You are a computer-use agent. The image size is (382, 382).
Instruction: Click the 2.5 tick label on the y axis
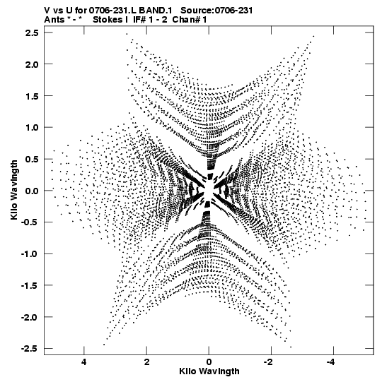pos(32,32)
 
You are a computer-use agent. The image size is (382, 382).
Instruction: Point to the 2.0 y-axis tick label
pos(32,64)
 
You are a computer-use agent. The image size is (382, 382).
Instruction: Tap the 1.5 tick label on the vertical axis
pos(32,96)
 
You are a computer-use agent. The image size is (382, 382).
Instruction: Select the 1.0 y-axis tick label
pos(32,127)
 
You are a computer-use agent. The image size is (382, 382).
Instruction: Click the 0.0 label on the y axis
pos(32,191)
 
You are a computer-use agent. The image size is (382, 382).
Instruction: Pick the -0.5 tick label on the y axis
pos(30,222)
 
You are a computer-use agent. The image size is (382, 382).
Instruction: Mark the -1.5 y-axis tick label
pos(30,285)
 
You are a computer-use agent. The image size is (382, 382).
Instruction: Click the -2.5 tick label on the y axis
pos(30,349)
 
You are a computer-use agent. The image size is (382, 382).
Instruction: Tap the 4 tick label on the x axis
pos(84,362)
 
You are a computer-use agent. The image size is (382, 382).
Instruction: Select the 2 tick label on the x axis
pos(146,362)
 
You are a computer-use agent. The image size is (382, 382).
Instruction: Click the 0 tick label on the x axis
pos(209,362)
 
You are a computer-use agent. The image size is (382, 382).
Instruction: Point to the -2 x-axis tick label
pos(268,362)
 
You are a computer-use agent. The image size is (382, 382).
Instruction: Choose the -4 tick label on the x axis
pos(330,362)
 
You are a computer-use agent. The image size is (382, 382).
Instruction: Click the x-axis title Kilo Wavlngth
pos(209,371)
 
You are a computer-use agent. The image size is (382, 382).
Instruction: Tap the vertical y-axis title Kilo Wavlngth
pos(14,190)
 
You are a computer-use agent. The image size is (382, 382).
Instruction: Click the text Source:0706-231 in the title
pos(216,11)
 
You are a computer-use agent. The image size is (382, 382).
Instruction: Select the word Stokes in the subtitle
pos(108,20)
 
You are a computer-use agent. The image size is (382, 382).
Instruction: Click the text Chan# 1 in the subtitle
pos(189,20)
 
